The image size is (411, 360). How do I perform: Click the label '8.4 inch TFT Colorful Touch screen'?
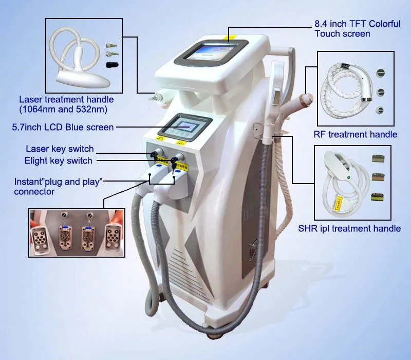[x=358, y=29]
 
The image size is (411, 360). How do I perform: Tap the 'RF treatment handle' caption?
[x=356, y=134]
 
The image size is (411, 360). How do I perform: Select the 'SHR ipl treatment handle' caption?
[x=349, y=228]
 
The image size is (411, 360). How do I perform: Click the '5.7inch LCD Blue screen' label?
[x=63, y=127]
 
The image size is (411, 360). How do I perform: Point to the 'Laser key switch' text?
[x=60, y=149]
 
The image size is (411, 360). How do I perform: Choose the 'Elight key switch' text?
[x=58, y=160]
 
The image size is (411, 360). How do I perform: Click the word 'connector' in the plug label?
[x=34, y=191]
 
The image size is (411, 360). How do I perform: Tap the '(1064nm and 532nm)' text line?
[x=63, y=110]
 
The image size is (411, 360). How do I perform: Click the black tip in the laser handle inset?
[x=112, y=65]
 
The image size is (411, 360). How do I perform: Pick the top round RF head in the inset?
[x=381, y=73]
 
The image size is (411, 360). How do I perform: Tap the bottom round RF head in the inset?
[x=380, y=110]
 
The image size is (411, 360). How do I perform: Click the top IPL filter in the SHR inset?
[x=378, y=159]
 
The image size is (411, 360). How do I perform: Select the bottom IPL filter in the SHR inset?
[x=378, y=197]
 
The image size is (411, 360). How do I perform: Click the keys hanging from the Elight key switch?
[x=173, y=165]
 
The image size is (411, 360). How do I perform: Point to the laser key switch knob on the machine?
[x=157, y=152]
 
